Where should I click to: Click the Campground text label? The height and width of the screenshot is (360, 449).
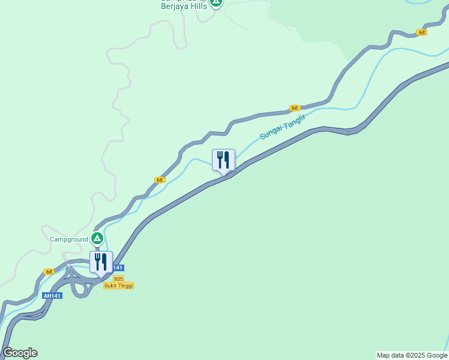pyautogui.click(x=68, y=239)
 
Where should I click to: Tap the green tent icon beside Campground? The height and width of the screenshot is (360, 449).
pyautogui.click(x=97, y=239)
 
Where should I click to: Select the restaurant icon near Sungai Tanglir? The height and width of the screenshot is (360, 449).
pyautogui.click(x=223, y=160)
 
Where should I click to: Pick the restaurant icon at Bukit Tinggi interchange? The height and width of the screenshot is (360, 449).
pyautogui.click(x=101, y=262)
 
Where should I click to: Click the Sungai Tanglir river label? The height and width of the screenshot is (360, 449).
pyautogui.click(x=283, y=127)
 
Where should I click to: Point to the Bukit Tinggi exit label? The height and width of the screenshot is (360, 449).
pyautogui.click(x=118, y=286)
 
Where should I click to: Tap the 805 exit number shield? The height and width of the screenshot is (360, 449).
pyautogui.click(x=118, y=279)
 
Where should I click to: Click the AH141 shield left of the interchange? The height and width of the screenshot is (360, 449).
pyautogui.click(x=52, y=296)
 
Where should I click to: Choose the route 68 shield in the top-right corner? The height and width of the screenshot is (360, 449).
pyautogui.click(x=422, y=32)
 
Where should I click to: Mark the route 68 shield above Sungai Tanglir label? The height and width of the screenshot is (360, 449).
pyautogui.click(x=294, y=108)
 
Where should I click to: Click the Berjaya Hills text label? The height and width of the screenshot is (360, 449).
pyautogui.click(x=184, y=7)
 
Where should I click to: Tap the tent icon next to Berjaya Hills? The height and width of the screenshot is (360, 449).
pyautogui.click(x=216, y=3)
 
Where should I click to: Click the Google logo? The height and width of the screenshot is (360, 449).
pyautogui.click(x=20, y=353)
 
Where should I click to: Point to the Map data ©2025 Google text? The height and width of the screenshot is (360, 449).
pyautogui.click(x=412, y=355)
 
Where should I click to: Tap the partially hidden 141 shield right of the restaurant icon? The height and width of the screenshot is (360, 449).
pyautogui.click(x=119, y=268)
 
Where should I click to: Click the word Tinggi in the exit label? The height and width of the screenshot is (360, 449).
pyautogui.click(x=125, y=286)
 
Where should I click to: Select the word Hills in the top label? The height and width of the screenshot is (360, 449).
pyautogui.click(x=197, y=7)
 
